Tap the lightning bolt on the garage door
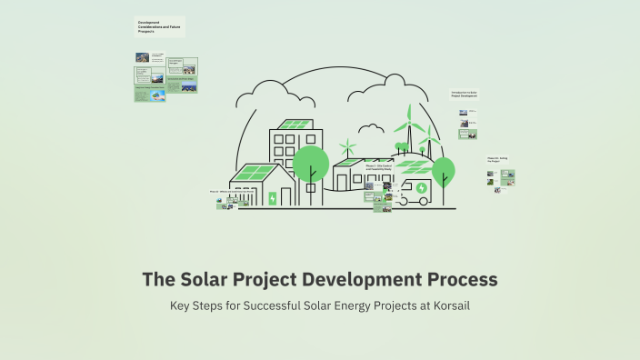click(273, 198)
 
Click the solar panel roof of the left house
click(255, 172)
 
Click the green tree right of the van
click(443, 170)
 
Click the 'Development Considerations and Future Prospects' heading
click(160, 26)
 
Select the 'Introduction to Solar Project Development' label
click(464, 94)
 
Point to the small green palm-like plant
click(346, 146)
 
